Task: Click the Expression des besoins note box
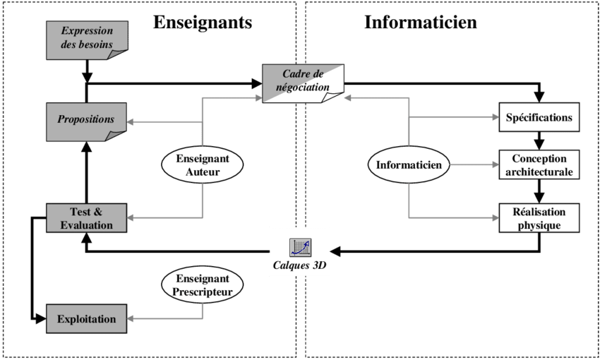pyautogui.click(x=87, y=39)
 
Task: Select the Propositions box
pyautogui.click(x=87, y=120)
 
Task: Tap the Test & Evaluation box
pyautogui.click(x=87, y=218)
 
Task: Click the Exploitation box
pyautogui.click(x=87, y=318)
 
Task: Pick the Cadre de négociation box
pyautogui.click(x=303, y=82)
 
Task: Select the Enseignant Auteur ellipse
pyautogui.click(x=203, y=164)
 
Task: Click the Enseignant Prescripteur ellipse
pyautogui.click(x=203, y=284)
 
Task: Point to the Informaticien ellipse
pyautogui.click(x=409, y=165)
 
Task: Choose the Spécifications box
pyautogui.click(x=539, y=117)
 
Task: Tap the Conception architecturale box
pyautogui.click(x=539, y=165)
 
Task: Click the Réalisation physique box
pyautogui.click(x=539, y=218)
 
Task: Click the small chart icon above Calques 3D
pyautogui.click(x=301, y=248)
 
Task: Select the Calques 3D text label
pyautogui.click(x=301, y=266)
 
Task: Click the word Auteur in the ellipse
pyautogui.click(x=203, y=171)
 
